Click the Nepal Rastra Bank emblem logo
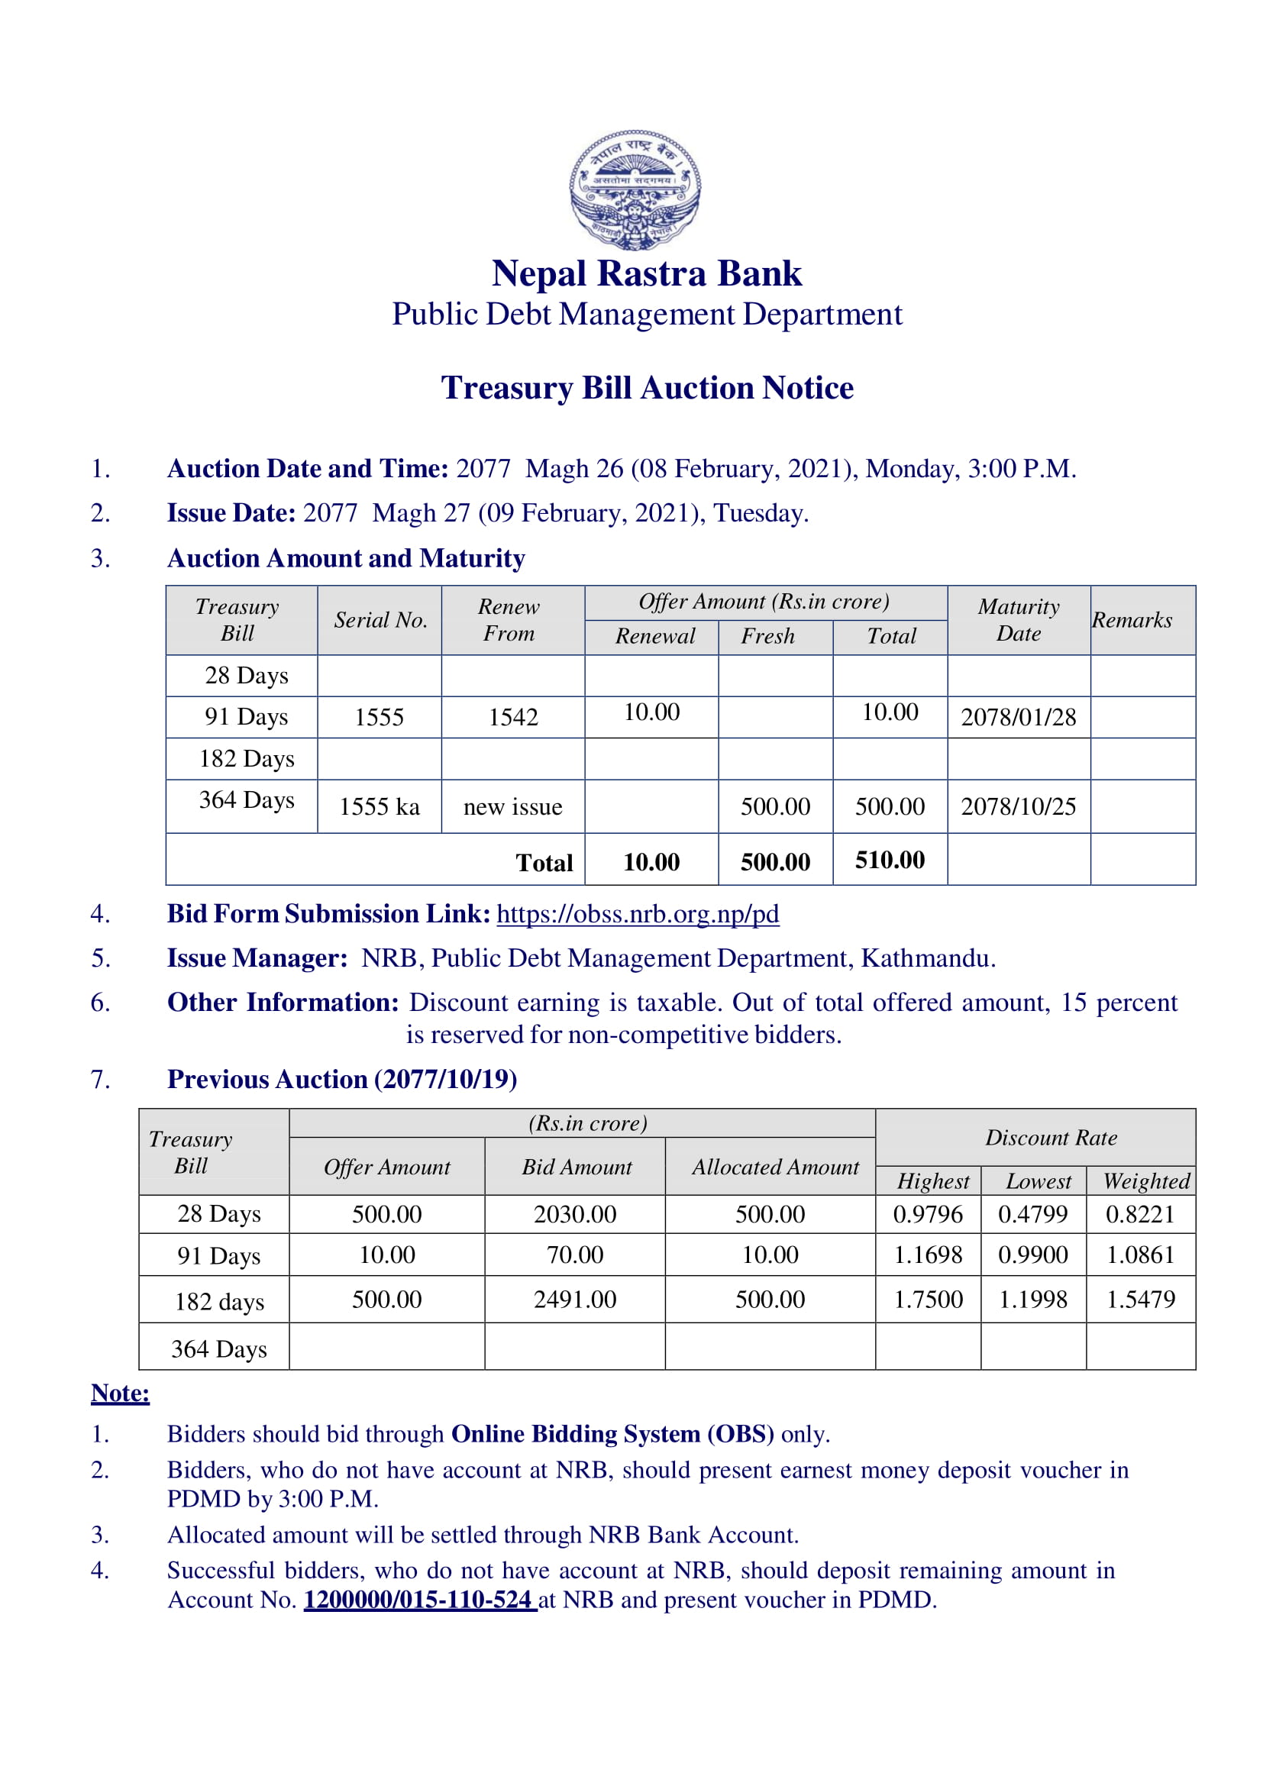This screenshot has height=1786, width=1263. click(x=635, y=189)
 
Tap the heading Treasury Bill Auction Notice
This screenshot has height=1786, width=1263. click(x=647, y=387)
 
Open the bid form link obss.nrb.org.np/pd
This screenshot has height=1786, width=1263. click(x=638, y=913)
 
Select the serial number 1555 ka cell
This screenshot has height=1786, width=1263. click(x=379, y=806)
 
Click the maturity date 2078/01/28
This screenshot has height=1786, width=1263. click(x=1018, y=716)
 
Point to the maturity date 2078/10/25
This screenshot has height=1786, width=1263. click(x=1018, y=806)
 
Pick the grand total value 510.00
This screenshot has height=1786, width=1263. click(x=890, y=860)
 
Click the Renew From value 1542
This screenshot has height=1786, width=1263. click(x=512, y=716)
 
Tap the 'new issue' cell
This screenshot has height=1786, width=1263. click(x=512, y=806)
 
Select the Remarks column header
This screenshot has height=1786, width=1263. click(x=1132, y=620)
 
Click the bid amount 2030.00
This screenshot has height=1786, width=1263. click(x=575, y=1213)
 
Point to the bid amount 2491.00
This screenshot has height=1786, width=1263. click(x=575, y=1299)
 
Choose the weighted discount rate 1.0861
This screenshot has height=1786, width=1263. click(x=1140, y=1255)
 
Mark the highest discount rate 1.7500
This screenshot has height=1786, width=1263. click(x=928, y=1299)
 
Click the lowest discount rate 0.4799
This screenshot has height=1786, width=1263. click(x=1033, y=1213)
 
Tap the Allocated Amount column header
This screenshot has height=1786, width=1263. click(x=775, y=1167)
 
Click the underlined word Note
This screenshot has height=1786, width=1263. click(x=120, y=1393)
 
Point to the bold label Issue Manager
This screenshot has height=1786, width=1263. click(x=257, y=958)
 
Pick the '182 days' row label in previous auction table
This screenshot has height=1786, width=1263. click(x=219, y=1301)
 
